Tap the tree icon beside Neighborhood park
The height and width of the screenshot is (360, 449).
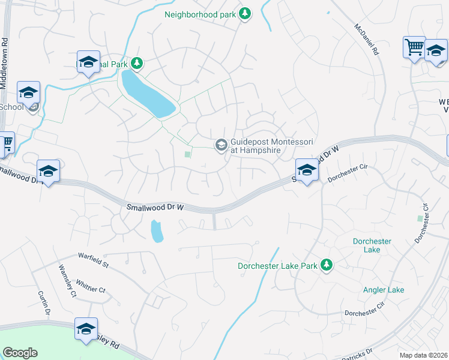[x=244, y=13]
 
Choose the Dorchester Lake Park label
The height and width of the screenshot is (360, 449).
[x=277, y=265]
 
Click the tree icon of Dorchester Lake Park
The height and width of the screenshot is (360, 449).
[x=327, y=265]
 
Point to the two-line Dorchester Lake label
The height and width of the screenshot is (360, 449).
[x=372, y=245]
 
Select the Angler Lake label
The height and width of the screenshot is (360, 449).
[x=383, y=290]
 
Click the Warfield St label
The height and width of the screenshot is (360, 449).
[x=92, y=262]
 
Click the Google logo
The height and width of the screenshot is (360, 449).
[x=20, y=353]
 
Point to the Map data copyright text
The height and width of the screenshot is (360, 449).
[x=424, y=355]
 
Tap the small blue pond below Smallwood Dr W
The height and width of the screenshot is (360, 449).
[x=156, y=230]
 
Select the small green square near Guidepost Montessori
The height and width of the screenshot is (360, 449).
[x=187, y=154]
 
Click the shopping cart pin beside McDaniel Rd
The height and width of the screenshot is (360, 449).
[x=414, y=47]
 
